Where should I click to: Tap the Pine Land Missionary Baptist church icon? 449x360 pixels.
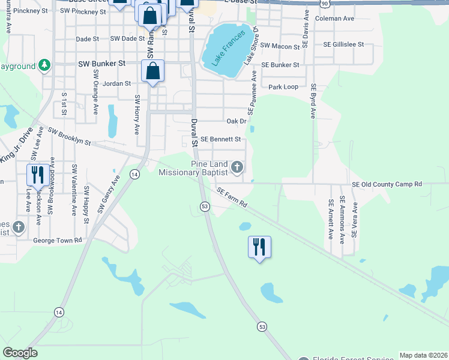[237, 167]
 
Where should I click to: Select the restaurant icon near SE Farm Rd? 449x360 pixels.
[259, 246]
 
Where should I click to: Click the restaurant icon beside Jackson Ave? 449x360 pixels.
[37, 175]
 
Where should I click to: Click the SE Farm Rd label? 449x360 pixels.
[232, 197]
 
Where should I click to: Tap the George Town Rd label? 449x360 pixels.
[57, 240]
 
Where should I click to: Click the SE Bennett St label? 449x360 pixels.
[220, 139]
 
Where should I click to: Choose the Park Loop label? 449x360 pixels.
[283, 87]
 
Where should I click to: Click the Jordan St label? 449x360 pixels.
[116, 84]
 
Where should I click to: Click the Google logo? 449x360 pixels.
[20, 353]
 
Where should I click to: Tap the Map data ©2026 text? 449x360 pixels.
[423, 355]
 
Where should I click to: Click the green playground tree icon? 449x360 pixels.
[44, 64]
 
